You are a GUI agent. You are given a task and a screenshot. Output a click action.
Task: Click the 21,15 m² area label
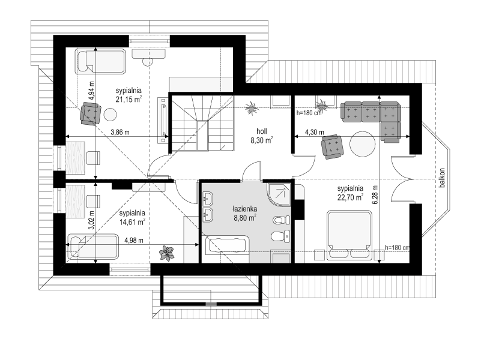tap(129, 99)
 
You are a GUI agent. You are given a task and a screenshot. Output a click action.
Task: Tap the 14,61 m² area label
tap(132, 222)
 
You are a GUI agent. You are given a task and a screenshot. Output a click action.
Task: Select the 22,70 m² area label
tap(350, 197)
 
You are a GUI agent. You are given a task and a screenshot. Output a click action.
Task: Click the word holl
tap(262, 131)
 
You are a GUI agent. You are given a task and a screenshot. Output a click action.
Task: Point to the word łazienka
tap(244, 209)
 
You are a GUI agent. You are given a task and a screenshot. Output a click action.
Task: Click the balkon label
tap(442, 178)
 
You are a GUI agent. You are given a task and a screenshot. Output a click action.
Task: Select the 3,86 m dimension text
tap(120, 133)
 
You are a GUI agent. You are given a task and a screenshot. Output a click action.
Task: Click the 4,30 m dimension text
tap(315, 133)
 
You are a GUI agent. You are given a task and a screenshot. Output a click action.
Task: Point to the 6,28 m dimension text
tap(376, 195)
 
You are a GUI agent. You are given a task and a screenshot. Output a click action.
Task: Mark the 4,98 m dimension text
tap(134, 240)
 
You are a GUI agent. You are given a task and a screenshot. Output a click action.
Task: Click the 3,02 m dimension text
tap(91, 220)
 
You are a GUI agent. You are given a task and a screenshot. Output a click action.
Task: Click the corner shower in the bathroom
tap(279, 195)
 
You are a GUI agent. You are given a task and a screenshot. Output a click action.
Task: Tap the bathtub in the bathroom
tap(228, 245)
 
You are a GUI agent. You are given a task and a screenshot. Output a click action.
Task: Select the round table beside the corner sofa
tap(363, 143)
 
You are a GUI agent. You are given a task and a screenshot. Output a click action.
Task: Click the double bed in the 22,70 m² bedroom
tap(349, 235)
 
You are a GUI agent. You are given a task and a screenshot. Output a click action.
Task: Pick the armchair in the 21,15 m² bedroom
tap(90, 113)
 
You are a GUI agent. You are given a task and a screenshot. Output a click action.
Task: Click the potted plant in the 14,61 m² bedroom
tap(166, 253)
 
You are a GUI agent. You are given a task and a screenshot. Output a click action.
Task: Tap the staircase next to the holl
tap(202, 123)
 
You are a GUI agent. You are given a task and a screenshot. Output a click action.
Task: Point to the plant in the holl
tap(252, 108)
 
